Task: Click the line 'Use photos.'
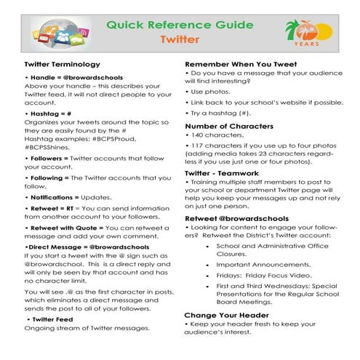point(215,93)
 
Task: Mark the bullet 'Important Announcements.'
point(261,266)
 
